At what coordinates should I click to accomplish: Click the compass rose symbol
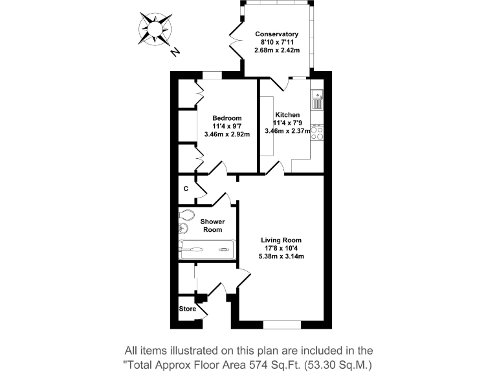(155, 29)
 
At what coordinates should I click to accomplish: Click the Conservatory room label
(276, 34)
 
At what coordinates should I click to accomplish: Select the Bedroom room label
(227, 118)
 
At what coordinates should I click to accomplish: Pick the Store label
(187, 309)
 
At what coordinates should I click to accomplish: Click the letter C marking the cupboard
(186, 189)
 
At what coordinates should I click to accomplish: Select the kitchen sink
(317, 101)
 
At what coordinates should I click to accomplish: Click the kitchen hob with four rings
(317, 132)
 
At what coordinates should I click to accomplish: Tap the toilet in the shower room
(187, 215)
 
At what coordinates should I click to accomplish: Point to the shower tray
(208, 249)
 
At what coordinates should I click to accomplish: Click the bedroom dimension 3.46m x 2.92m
(227, 134)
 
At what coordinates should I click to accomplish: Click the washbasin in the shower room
(184, 229)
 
